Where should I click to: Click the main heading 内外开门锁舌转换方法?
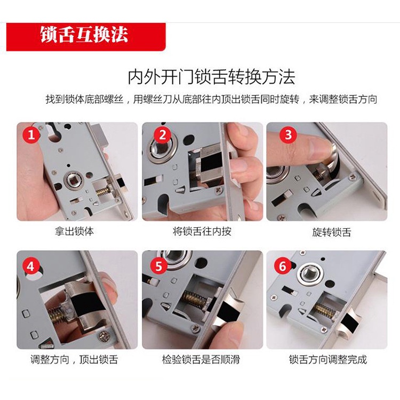(x=212, y=76)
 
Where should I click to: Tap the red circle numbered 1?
(x=31, y=134)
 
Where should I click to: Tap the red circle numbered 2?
(x=163, y=134)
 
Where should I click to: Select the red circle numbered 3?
(x=288, y=134)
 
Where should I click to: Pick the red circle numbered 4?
(x=31, y=266)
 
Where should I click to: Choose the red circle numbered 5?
(x=159, y=266)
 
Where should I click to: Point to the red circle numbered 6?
(x=283, y=266)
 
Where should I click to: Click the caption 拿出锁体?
(x=74, y=231)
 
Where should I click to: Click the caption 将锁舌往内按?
(x=202, y=231)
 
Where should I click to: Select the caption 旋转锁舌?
(x=332, y=232)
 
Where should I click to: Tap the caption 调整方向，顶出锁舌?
(x=74, y=359)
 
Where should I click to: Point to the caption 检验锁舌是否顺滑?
(x=201, y=359)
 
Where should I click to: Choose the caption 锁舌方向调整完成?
(x=328, y=359)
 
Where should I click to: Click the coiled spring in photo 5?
(x=194, y=299)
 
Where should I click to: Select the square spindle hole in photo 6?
(x=310, y=273)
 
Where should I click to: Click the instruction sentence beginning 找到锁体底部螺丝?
(x=211, y=99)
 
